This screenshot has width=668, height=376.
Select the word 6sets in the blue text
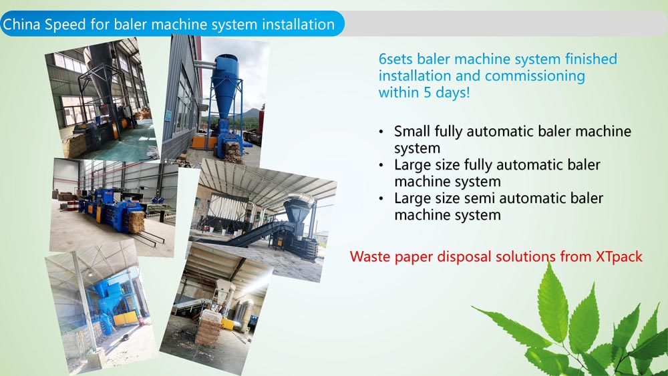(395, 59)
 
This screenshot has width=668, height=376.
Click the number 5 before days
(428, 92)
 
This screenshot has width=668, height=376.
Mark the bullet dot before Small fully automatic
(381, 132)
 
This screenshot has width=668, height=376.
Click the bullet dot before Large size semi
(381, 199)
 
